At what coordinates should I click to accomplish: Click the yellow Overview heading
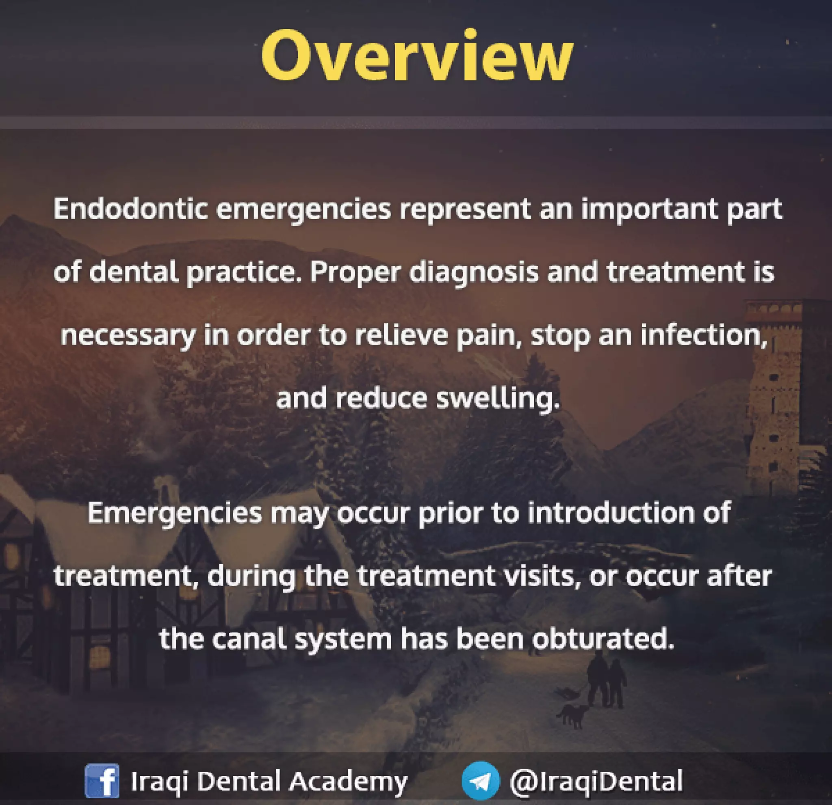[x=417, y=55]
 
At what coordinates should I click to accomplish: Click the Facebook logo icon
[x=102, y=780]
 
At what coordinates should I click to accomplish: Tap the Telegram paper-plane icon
[x=481, y=780]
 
